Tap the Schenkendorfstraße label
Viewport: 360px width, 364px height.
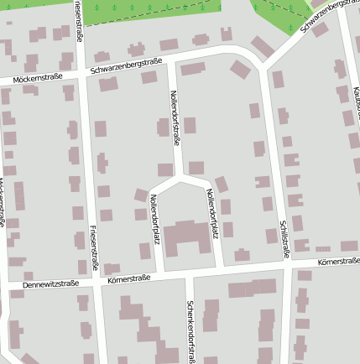pos(191,331)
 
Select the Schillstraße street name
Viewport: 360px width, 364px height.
pos(284,235)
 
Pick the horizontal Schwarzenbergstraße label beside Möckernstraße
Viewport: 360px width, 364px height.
pos(126,65)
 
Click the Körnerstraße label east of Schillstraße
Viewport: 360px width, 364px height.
pos(338,263)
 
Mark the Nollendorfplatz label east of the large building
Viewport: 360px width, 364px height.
pos(211,214)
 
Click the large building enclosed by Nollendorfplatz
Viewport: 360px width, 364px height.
pos(184,238)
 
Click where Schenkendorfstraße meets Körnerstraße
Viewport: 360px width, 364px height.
pos(190,273)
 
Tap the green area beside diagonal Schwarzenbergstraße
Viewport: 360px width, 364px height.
pos(281,10)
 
